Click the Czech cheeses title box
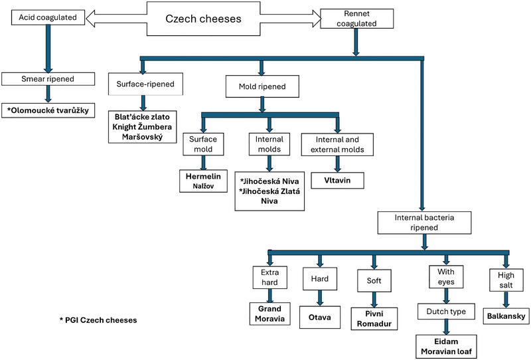203,19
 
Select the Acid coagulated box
48,17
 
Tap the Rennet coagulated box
356,19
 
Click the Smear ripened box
48,79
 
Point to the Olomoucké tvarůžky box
48,110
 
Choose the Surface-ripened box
145,84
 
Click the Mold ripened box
262,86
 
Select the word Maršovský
142,137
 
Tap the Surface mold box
203,144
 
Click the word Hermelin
203,176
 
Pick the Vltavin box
337,181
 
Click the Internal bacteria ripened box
424,223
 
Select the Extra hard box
270,277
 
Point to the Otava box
320,317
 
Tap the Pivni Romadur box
374,319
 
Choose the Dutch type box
446,312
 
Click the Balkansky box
506,316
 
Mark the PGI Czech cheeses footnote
98,320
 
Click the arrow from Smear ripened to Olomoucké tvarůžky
48,94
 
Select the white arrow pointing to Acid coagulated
116,19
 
